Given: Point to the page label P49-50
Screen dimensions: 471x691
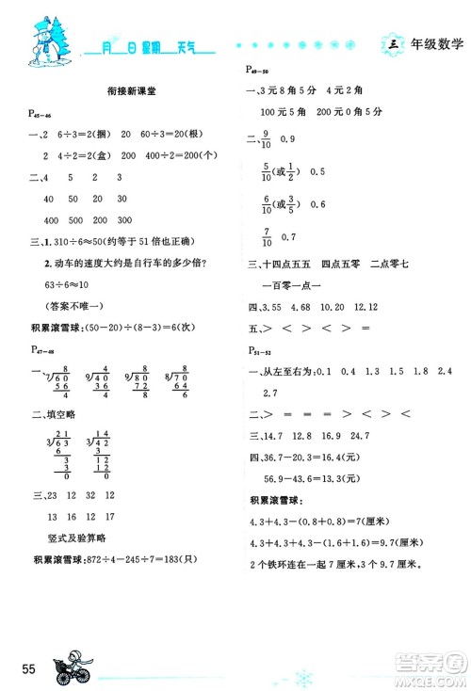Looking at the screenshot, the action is pos(256,70).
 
